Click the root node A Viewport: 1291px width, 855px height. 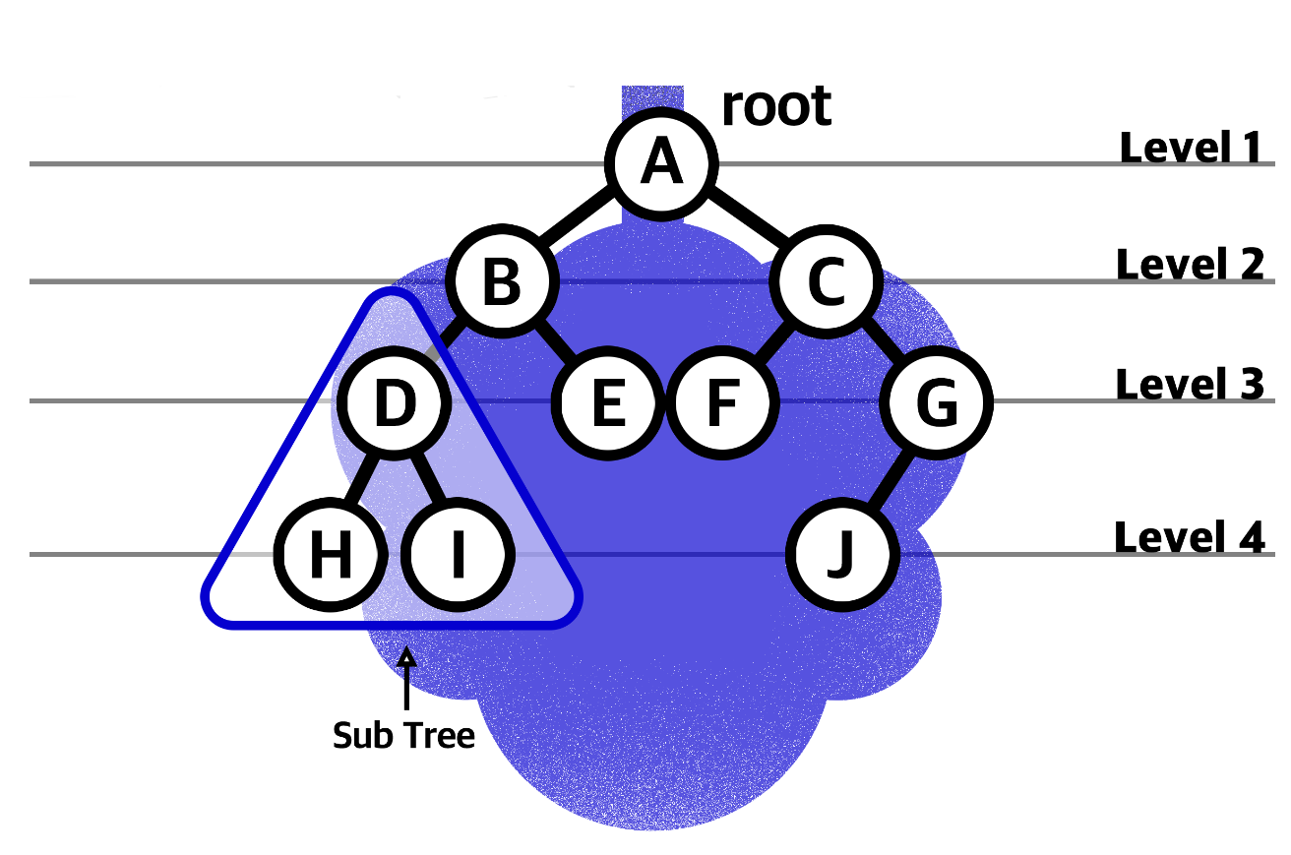point(661,163)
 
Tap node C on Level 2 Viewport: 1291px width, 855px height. point(827,282)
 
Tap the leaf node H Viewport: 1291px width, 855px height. point(330,557)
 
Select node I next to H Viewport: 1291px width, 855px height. point(458,557)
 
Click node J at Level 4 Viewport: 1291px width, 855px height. point(842,557)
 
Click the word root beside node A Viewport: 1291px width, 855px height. point(776,106)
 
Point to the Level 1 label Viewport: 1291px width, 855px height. point(1191,148)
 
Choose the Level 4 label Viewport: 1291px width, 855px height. point(1189,537)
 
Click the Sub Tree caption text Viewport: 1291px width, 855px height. point(403,735)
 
